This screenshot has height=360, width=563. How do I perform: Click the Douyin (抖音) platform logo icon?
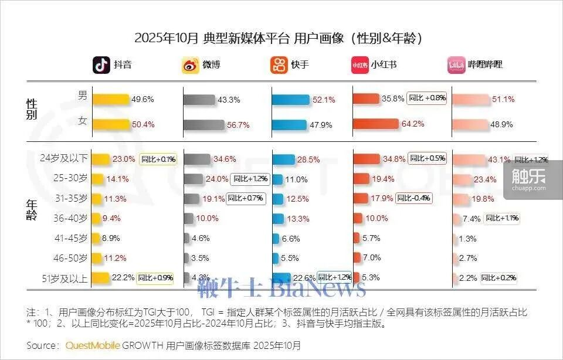pos(101,64)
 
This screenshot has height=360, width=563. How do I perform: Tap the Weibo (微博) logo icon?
pos(191,64)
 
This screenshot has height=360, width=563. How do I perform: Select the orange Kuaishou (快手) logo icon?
pos(279,64)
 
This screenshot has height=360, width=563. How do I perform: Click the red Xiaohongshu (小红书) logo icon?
pos(359,64)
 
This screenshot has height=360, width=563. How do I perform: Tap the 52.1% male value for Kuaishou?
pos(324,100)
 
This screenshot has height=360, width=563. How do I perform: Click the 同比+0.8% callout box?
pos(427,99)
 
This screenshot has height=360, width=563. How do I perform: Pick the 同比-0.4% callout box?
pos(414,198)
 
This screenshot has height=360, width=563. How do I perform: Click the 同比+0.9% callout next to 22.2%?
pos(155,278)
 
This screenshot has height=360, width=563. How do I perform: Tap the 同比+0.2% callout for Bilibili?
pos(498,278)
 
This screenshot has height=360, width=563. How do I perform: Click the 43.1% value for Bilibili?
pos(499,159)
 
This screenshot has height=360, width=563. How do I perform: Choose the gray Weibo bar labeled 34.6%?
pos(197,159)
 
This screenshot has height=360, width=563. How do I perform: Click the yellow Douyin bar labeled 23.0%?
pos(101,159)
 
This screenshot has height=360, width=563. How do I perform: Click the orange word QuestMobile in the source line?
pos(93,345)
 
